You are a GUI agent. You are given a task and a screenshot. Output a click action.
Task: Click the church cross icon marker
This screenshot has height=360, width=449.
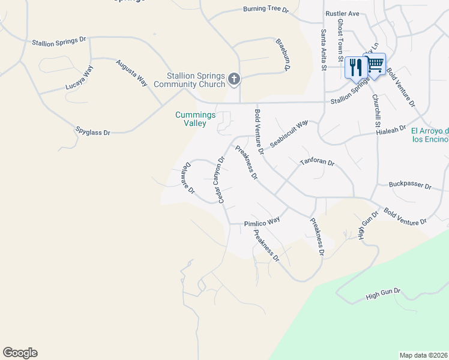(x=234, y=78)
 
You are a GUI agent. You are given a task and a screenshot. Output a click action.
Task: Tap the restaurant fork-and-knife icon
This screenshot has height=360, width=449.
(x=355, y=67)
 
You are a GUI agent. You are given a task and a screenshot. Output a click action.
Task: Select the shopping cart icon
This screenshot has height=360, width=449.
(x=375, y=64)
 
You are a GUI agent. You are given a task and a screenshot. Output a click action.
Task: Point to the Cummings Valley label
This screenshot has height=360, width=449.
(x=191, y=119)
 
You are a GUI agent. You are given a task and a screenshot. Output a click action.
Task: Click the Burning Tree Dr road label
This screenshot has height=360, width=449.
(x=266, y=10)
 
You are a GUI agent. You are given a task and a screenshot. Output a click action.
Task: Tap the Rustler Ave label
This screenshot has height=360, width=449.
(x=342, y=13)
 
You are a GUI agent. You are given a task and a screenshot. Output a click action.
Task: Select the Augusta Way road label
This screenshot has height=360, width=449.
(x=132, y=73)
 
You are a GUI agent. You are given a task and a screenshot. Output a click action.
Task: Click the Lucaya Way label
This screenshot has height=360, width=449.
(x=80, y=79)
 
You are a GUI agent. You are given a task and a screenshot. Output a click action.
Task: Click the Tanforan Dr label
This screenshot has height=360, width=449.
(x=317, y=163)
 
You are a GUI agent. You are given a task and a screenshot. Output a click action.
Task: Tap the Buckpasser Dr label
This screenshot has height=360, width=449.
(x=410, y=185)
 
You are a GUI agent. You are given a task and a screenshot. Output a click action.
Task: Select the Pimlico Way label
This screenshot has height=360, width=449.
(x=262, y=221)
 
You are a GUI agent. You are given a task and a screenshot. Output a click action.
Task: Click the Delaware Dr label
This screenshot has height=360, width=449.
(x=187, y=178)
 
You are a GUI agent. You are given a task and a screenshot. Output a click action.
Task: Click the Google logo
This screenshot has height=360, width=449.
(x=20, y=353)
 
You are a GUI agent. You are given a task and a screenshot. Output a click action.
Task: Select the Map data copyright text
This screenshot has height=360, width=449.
(x=423, y=355)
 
